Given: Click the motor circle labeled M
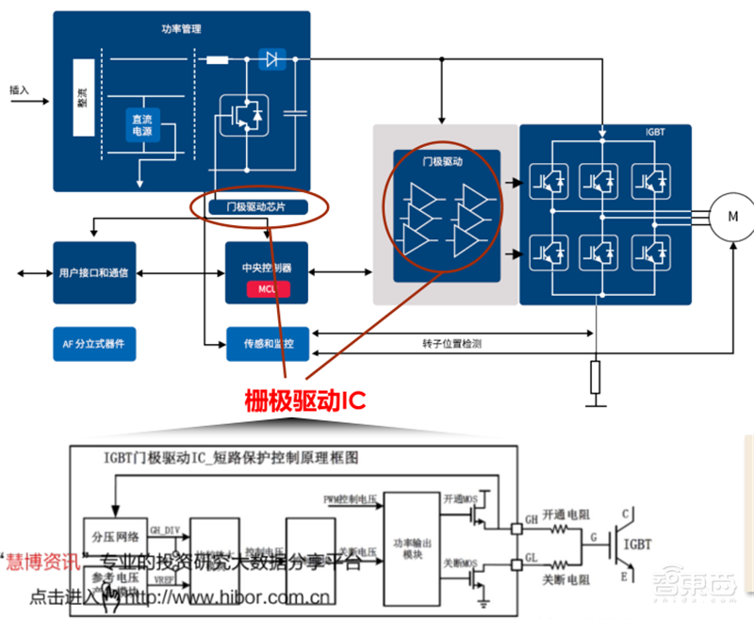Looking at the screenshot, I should click(733, 216).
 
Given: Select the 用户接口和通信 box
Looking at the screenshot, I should click(94, 272).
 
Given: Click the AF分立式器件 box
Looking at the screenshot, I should click(94, 344).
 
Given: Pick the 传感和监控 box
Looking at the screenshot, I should click(268, 344).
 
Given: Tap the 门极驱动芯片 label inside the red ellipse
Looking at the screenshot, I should click(254, 206).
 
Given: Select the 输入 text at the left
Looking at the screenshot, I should click(19, 90).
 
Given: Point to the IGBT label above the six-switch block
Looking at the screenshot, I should click(656, 133).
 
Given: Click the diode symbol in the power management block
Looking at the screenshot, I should click(272, 60).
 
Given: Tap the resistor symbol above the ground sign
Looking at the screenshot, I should click(595, 376).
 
